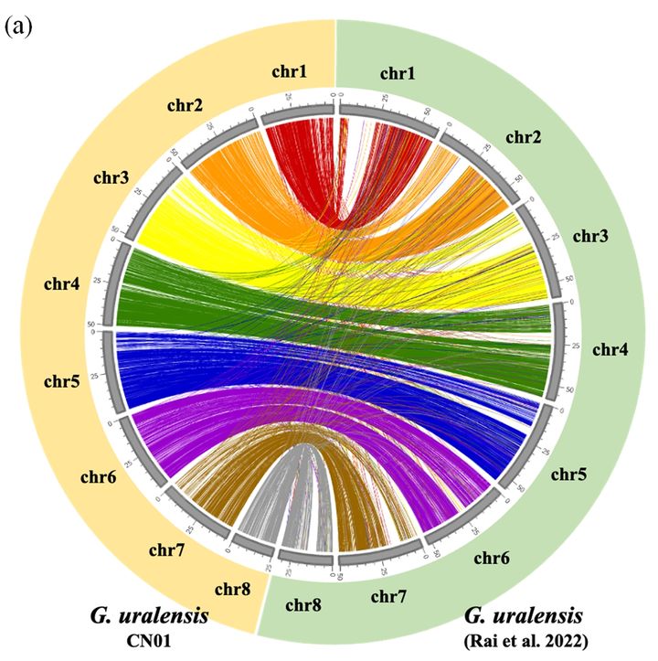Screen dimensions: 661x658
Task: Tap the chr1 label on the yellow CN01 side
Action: tap(291, 71)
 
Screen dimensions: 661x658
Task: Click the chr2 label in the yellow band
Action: tap(185, 105)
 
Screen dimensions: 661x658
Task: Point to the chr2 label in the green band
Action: tap(523, 138)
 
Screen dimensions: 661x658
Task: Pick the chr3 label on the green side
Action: tap(590, 236)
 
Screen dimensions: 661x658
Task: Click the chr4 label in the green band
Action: tap(610, 348)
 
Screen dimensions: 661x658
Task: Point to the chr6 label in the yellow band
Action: tap(98, 477)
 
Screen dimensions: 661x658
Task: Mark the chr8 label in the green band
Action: tap(303, 603)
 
